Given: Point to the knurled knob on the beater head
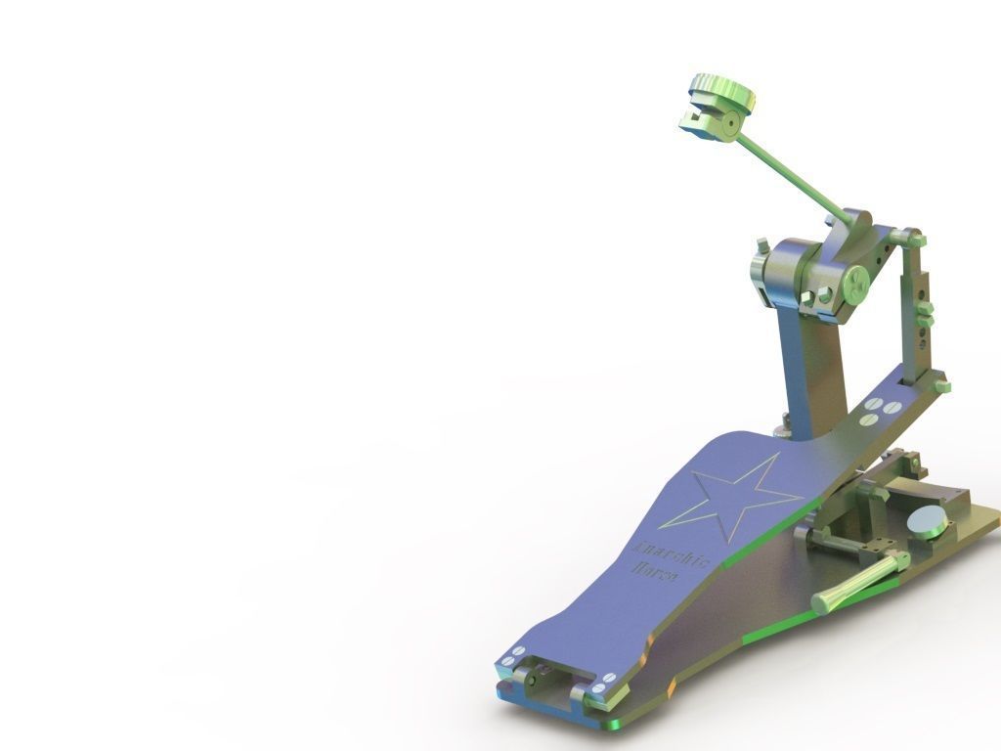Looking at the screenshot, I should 723,95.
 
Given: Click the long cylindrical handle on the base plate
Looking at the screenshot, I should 859,581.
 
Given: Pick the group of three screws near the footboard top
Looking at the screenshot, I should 879,412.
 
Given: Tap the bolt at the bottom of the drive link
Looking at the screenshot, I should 940,385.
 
